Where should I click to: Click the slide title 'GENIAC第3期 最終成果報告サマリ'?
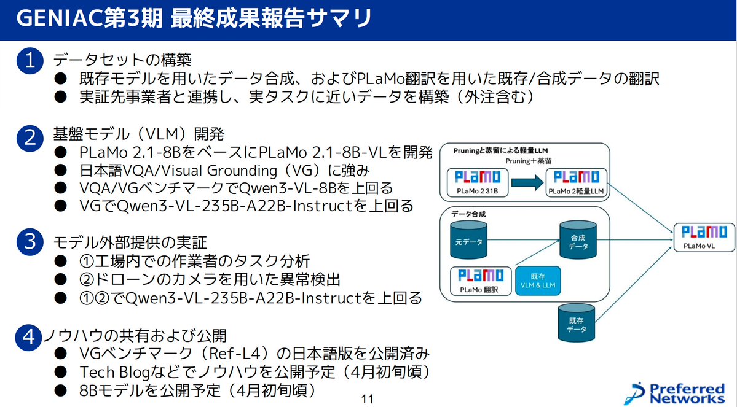(x=194, y=18)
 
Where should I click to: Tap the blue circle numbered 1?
(x=29, y=61)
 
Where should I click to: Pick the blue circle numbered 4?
(x=29, y=337)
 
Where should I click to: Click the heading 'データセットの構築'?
(x=123, y=60)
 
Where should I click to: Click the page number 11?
(x=367, y=399)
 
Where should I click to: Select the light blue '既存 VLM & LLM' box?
(x=539, y=281)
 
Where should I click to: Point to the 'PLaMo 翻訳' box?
(x=478, y=281)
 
